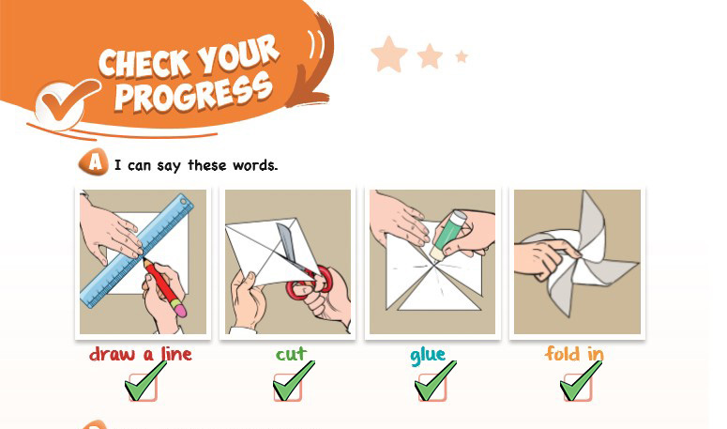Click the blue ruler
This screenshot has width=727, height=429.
click(x=138, y=251)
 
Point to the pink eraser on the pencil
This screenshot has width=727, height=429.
click(x=179, y=310)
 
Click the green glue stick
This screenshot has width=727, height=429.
click(x=448, y=235)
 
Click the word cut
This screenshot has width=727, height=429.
click(x=291, y=355)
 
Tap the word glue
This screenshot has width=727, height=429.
click(x=428, y=356)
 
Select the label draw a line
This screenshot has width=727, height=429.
click(x=141, y=354)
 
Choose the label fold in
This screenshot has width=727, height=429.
click(x=574, y=354)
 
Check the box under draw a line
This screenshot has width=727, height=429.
click(x=143, y=387)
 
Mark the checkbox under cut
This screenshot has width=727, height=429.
click(x=287, y=387)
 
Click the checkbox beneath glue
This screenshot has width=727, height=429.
click(x=432, y=387)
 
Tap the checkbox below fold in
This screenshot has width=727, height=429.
click(x=577, y=387)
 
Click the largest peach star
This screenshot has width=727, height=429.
click(x=389, y=55)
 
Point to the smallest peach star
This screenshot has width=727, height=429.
click(x=462, y=56)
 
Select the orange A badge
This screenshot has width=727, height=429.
click(x=94, y=162)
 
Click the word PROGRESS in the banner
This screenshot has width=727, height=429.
click(x=193, y=93)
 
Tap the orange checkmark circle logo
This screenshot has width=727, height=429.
click(x=63, y=103)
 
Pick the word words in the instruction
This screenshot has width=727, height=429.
click(x=255, y=165)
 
